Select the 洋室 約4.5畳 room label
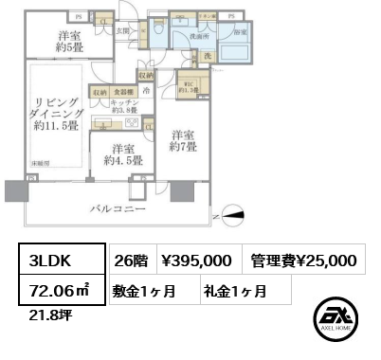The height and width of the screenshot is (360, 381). coord(121,154)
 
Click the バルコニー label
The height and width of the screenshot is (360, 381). coord(118,207)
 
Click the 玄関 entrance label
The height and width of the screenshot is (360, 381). coord(122,29)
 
